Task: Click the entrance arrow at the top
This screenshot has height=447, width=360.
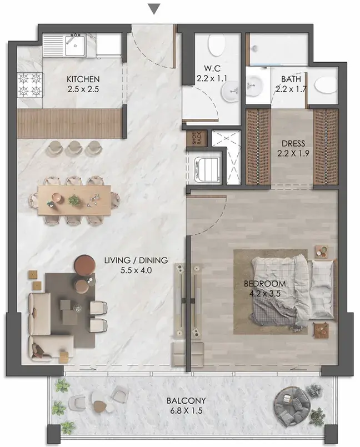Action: pyautogui.click(x=154, y=9)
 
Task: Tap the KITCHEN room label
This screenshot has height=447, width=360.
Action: pyautogui.click(x=83, y=79)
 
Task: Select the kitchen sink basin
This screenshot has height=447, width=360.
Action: pyautogui.click(x=75, y=46)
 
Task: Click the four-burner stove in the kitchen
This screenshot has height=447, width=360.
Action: pyautogui.click(x=29, y=84)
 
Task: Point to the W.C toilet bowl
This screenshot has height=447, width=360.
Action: pyautogui.click(x=216, y=46)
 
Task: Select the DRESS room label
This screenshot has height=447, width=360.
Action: pyautogui.click(x=293, y=143)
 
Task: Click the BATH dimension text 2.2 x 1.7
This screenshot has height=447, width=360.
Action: pyautogui.click(x=291, y=89)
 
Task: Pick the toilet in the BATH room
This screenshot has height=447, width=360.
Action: pyautogui.click(x=326, y=84)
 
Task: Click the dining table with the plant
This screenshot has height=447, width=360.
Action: pyautogui.click(x=74, y=200)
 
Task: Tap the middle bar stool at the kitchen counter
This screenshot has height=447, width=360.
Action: pyautogui.click(x=75, y=148)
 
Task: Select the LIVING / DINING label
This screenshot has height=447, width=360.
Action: pyautogui.click(x=136, y=260)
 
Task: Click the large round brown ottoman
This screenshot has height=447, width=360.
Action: pyautogui.click(x=85, y=265)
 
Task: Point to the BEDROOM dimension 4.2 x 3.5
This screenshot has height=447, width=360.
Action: pyautogui.click(x=265, y=293)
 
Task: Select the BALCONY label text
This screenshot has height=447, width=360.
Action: pyautogui.click(x=186, y=400)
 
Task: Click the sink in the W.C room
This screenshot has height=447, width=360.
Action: pyautogui.click(x=231, y=91)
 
